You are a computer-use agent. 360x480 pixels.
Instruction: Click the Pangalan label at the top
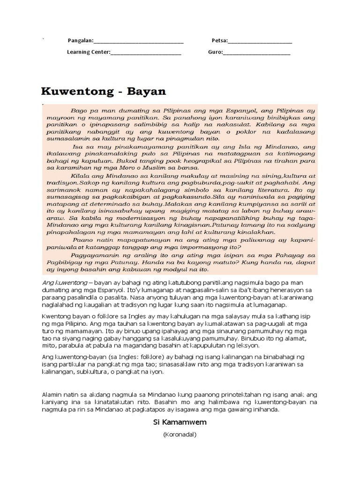click(x=80, y=41)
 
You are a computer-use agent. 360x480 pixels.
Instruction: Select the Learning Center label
click(x=88, y=52)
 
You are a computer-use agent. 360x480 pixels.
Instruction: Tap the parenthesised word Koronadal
click(x=180, y=435)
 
